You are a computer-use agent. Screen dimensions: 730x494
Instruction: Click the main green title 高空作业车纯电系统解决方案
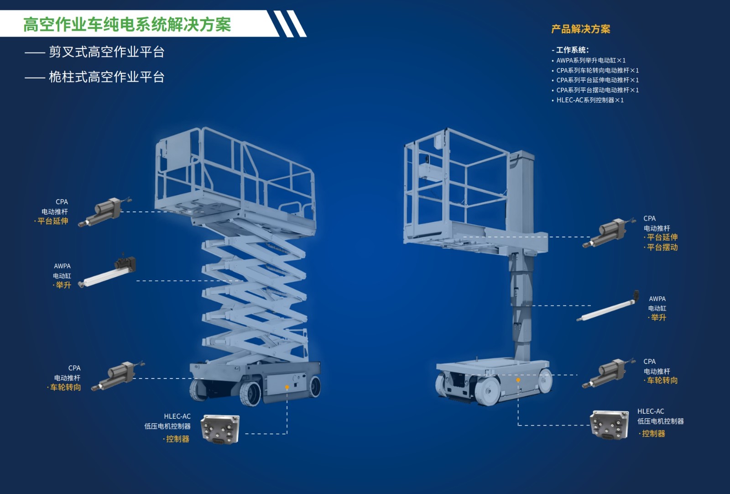point(127,25)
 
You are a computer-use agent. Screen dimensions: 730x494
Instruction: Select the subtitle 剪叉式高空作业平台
point(107,52)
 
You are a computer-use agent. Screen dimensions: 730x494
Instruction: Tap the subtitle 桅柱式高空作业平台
point(107,77)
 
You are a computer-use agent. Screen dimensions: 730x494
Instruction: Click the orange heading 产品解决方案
point(581,29)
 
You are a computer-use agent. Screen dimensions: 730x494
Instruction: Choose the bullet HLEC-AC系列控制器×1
point(590,100)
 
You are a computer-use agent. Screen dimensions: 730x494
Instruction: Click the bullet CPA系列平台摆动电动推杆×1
point(597,90)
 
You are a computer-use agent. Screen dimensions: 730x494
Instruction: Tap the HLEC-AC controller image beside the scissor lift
point(220,429)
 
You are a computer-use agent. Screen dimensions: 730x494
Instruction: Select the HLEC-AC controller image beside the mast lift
point(610,425)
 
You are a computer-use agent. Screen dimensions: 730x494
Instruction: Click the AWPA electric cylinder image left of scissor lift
point(108,271)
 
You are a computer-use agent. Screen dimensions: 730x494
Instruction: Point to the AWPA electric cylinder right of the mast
point(608,306)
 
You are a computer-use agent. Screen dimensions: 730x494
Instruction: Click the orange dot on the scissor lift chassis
point(287,387)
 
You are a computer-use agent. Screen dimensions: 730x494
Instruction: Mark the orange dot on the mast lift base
point(518,380)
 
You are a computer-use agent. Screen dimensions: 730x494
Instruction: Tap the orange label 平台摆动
point(662,247)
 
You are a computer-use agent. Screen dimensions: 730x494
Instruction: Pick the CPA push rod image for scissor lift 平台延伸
point(104,211)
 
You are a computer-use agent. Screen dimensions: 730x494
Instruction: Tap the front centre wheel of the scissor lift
point(250,394)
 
